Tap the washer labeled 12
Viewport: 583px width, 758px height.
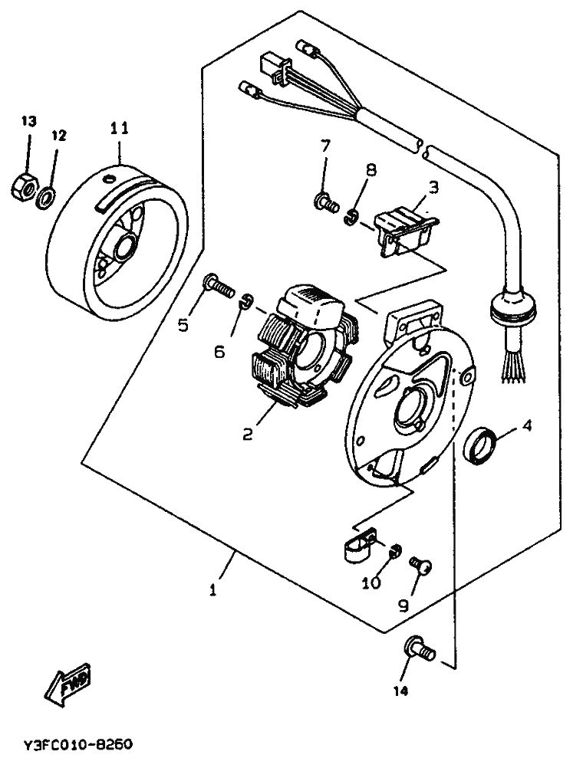point(46,198)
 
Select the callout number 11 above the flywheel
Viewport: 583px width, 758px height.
point(119,128)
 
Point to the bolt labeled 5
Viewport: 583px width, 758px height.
point(218,287)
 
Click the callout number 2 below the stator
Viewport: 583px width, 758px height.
point(247,434)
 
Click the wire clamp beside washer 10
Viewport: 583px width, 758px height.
point(361,544)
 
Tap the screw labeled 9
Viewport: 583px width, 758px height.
point(420,565)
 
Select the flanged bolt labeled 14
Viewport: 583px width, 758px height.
point(419,649)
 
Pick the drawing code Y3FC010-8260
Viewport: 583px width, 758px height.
point(77,743)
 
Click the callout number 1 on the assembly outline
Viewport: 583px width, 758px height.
point(212,590)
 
